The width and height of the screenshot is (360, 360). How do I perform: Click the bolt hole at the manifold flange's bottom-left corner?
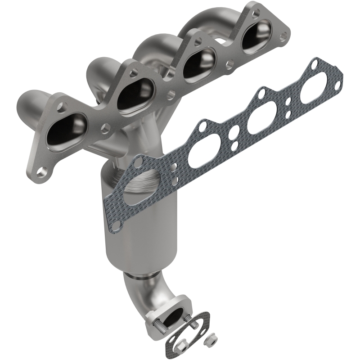42,171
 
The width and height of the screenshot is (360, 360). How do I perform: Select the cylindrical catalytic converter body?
144,225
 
